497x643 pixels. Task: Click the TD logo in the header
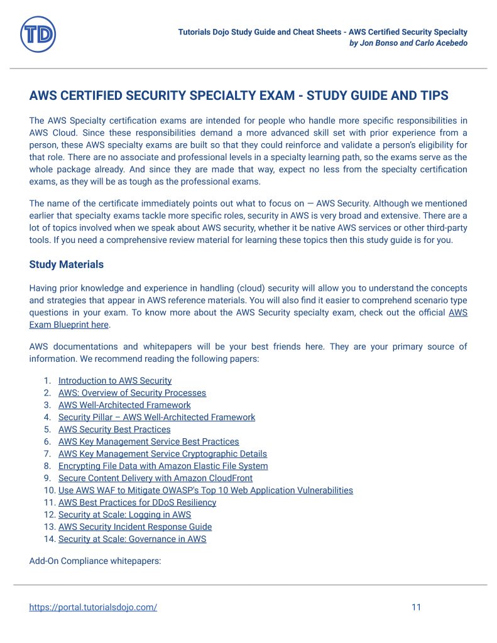(x=38, y=35)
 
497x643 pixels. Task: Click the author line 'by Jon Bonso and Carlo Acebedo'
(x=408, y=43)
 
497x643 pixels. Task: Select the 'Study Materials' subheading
(x=66, y=264)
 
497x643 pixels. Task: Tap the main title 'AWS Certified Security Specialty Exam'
(x=239, y=95)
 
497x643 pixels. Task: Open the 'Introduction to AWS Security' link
(x=114, y=381)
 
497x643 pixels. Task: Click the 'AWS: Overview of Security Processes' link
(x=132, y=393)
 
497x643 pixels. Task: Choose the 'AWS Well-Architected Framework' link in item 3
(x=124, y=405)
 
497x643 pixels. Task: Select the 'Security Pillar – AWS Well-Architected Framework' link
(x=156, y=417)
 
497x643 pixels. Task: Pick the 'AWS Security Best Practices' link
(x=114, y=430)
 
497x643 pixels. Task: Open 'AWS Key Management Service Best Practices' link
(x=148, y=441)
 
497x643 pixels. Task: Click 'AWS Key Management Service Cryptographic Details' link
(x=162, y=453)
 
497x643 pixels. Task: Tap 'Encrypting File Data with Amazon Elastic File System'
(x=163, y=466)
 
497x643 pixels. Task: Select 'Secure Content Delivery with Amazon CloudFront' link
(x=155, y=478)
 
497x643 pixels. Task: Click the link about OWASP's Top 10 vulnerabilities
(x=205, y=490)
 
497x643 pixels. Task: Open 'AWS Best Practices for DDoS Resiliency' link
(x=137, y=502)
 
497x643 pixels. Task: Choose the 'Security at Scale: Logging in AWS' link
(x=124, y=515)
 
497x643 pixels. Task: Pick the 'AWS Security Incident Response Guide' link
(x=134, y=527)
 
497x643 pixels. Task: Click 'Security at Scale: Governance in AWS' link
(x=132, y=539)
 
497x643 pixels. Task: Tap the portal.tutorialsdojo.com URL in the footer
(x=93, y=607)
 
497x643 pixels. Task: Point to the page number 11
(x=416, y=607)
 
